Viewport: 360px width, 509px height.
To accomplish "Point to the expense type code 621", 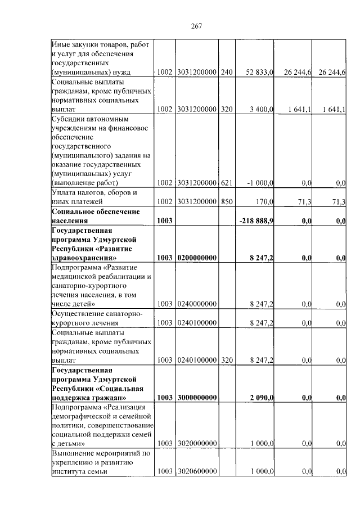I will [227, 182].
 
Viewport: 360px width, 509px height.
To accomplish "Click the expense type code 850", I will [227, 201].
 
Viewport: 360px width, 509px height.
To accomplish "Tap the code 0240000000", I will [196, 304].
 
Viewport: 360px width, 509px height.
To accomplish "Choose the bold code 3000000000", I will [196, 398].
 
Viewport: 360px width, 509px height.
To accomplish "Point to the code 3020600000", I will [196, 471].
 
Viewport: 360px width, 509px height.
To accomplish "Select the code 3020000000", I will [196, 444].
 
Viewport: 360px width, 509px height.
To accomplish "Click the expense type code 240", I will [227, 73].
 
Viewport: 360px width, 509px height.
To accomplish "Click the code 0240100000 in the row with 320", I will [196, 359].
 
